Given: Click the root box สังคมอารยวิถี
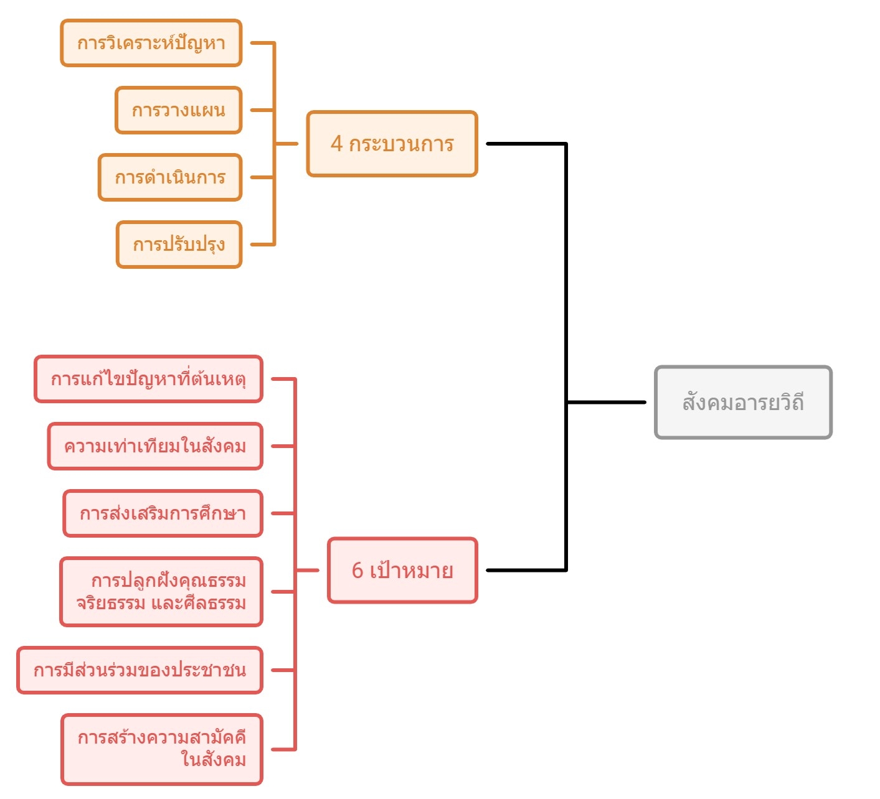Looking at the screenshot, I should (x=743, y=402).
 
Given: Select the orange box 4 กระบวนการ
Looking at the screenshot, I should (x=392, y=144).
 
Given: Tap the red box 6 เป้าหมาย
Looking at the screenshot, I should (x=402, y=570).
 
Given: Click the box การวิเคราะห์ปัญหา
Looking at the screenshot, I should (x=151, y=43).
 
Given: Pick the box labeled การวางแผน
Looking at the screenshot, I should (x=178, y=110).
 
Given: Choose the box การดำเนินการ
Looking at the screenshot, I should (x=169, y=177).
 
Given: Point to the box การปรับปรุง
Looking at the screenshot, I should (x=179, y=245).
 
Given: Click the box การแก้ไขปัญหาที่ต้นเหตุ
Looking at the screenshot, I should (x=148, y=379).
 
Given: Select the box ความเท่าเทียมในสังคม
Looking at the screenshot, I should (x=155, y=446).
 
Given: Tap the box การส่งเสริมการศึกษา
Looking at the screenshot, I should (x=163, y=513).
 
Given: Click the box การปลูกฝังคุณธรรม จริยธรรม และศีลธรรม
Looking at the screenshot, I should (x=161, y=592).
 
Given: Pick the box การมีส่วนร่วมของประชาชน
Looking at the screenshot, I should (x=140, y=670).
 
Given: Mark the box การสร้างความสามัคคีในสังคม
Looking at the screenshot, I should (x=162, y=749).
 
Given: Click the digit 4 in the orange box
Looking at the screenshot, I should (x=337, y=144).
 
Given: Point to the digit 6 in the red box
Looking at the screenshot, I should (x=357, y=570).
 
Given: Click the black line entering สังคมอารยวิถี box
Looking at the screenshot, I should (x=607, y=402).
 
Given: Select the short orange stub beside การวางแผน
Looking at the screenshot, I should (x=262, y=110).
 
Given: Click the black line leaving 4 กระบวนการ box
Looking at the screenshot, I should (x=526, y=144).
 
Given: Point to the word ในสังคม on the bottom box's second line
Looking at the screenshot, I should (x=214, y=760).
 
